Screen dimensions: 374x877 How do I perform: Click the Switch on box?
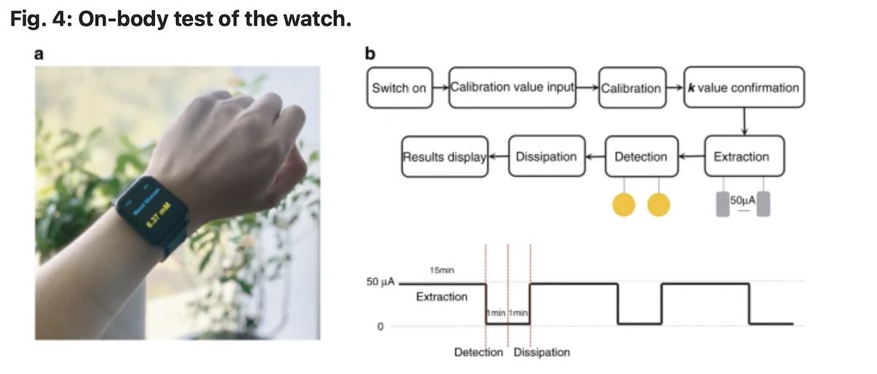click(x=399, y=88)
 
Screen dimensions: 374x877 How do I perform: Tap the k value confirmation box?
click(x=743, y=88)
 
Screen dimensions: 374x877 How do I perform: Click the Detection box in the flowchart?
click(x=641, y=156)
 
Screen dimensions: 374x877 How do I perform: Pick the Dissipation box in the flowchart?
click(x=546, y=156)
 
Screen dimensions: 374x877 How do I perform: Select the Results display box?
click(x=444, y=156)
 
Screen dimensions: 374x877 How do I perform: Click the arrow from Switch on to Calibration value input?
click(x=440, y=88)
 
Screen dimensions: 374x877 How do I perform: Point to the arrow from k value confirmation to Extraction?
click(x=743, y=121)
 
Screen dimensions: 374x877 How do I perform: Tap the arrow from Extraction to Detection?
click(x=691, y=156)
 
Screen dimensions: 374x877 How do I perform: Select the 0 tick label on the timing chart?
click(x=379, y=326)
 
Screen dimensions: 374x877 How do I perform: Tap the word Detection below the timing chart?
click(x=479, y=352)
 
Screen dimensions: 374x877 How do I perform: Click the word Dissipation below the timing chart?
click(x=542, y=352)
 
